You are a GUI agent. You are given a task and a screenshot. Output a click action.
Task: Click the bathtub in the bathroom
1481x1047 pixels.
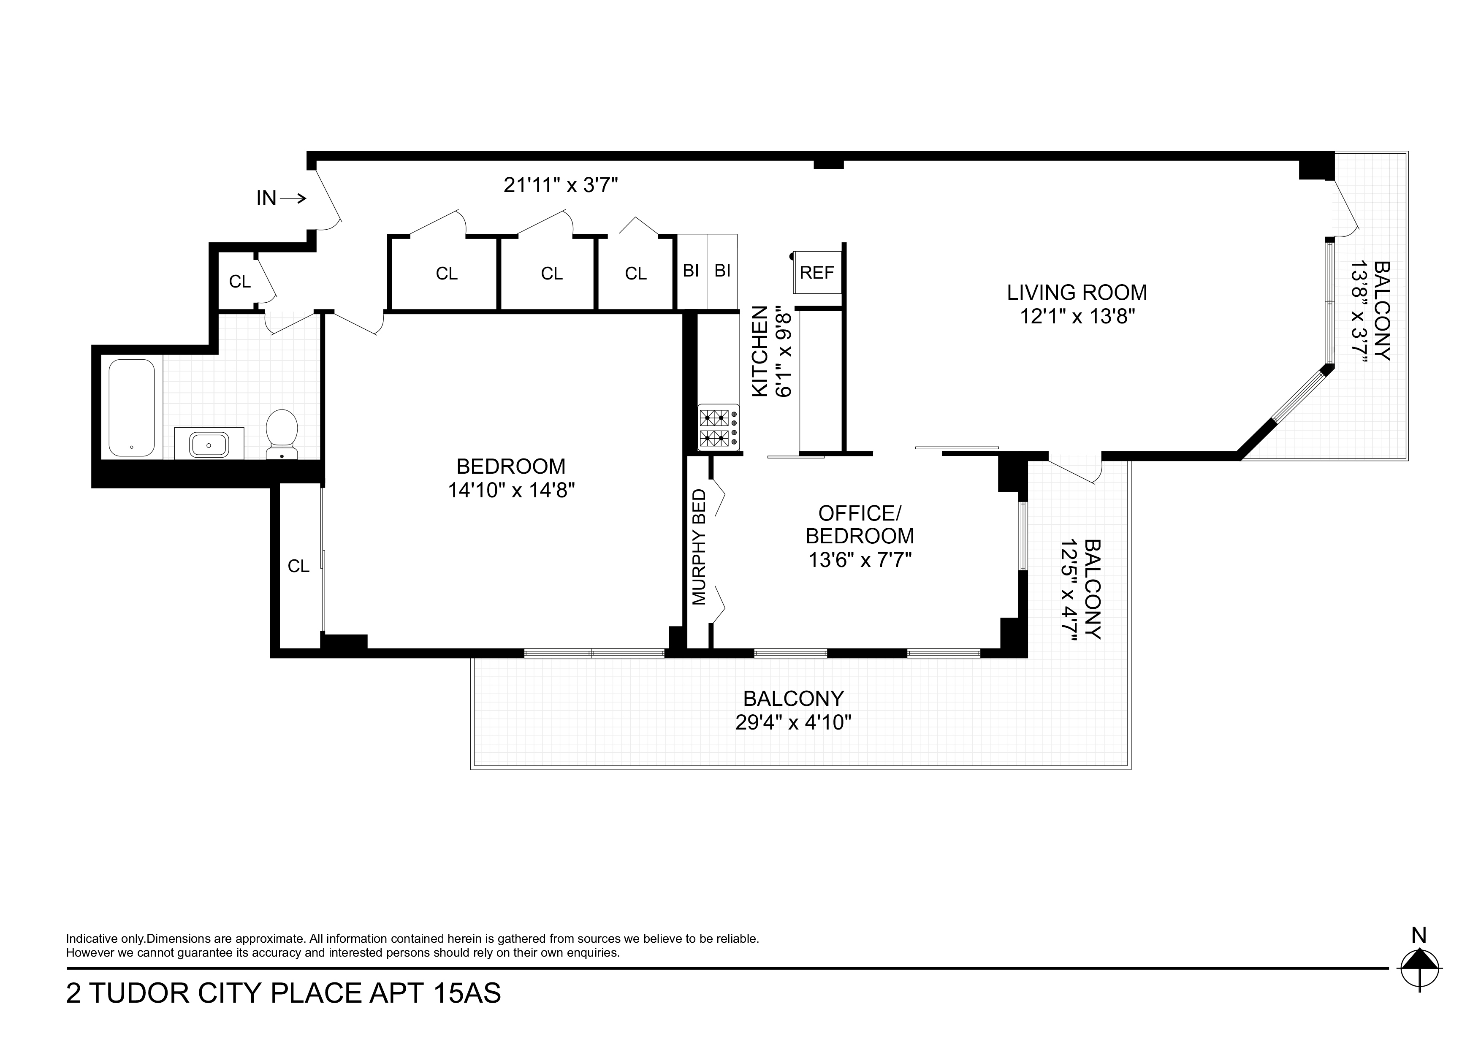tap(132, 408)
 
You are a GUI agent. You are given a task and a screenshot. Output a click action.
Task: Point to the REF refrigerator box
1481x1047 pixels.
tap(816, 273)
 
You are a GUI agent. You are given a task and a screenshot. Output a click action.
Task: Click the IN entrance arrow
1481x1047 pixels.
tap(282, 198)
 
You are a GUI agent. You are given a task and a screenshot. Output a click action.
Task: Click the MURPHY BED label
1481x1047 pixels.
tap(699, 547)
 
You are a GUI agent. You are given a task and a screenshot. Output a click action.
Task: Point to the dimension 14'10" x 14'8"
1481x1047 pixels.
tap(511, 490)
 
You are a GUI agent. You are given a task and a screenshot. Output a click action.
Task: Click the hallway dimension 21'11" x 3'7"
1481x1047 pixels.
tap(561, 185)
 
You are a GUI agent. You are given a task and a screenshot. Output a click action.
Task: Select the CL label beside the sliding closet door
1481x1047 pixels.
tap(298, 566)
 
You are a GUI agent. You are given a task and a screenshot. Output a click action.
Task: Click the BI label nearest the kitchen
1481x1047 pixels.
tap(722, 271)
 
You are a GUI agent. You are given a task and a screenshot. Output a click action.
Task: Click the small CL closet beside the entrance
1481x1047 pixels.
tap(239, 281)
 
